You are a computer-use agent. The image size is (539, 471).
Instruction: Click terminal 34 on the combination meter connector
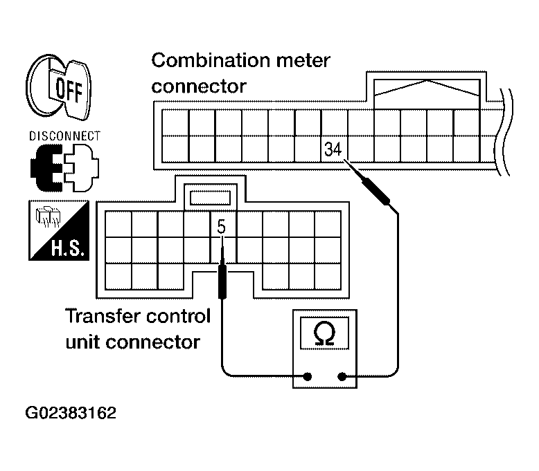tap(333, 149)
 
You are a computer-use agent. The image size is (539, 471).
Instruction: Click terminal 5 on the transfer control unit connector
tap(222, 227)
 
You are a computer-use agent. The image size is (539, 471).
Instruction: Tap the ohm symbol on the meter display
tap(324, 333)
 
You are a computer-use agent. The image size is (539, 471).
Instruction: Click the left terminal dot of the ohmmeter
tap(308, 377)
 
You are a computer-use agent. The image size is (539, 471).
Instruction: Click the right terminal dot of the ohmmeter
tap(342, 377)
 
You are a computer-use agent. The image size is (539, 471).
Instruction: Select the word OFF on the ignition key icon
tap(69, 90)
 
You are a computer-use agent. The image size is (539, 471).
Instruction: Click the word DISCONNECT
tap(64, 136)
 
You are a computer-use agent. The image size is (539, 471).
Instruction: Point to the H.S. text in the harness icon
tap(68, 248)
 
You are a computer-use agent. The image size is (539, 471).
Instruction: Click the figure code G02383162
tap(71, 413)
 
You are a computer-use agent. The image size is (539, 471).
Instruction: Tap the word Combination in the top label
tap(211, 60)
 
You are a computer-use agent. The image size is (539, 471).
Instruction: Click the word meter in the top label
tap(303, 61)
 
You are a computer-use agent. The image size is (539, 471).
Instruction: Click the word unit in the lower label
tap(82, 342)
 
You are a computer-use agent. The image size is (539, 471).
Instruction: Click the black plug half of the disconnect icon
tap(47, 168)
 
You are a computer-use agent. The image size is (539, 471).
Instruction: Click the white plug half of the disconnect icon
tap(82, 168)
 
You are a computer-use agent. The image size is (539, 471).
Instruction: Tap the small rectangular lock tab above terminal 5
tap(210, 198)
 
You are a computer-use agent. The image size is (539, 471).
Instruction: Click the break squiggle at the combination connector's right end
tap(504, 132)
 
